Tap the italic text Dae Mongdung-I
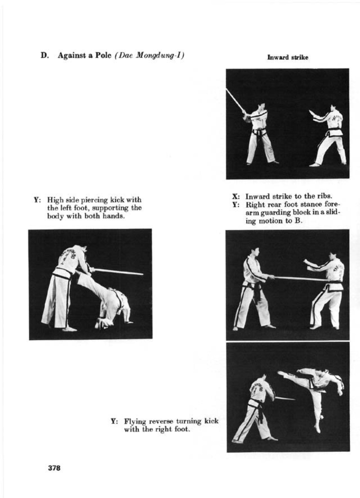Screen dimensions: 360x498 (149, 56)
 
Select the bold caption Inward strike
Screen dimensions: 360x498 (288, 57)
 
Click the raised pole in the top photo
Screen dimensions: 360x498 (235, 100)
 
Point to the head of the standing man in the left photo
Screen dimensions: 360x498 (83, 249)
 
